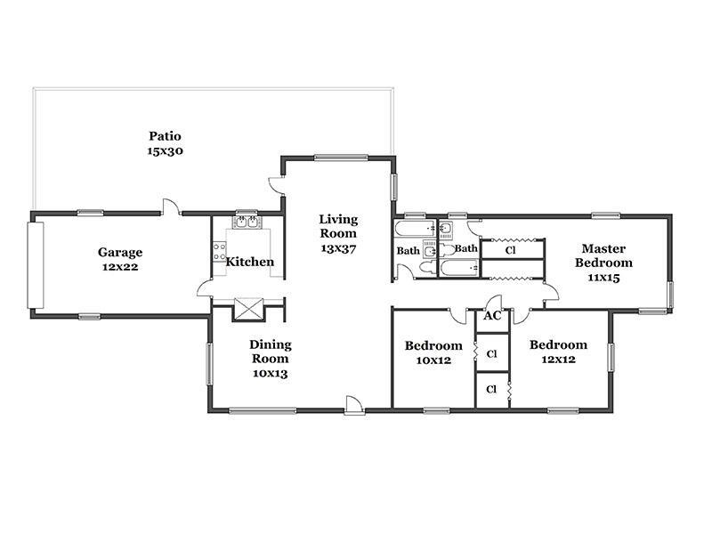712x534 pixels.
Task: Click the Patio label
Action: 165,136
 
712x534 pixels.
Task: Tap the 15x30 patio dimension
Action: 165,150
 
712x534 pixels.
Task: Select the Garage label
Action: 120,253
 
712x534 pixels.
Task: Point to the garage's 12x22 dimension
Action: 120,267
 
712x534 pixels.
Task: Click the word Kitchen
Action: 250,262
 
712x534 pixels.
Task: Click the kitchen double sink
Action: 247,222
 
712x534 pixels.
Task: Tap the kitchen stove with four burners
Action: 219,252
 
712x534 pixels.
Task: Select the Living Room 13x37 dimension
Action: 338,248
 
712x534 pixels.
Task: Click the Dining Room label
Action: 271,352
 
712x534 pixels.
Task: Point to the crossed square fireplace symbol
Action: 248,309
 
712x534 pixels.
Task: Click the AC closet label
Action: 492,316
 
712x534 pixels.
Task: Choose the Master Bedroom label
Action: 603,255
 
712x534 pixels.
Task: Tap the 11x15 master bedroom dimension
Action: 603,278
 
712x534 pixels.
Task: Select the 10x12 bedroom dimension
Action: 433,360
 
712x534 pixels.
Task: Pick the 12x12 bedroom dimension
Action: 559,360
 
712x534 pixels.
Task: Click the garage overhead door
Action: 36,265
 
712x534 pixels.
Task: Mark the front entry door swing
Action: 354,405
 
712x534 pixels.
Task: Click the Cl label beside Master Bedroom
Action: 510,250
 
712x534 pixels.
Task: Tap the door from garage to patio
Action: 171,206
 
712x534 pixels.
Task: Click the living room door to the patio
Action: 277,185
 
